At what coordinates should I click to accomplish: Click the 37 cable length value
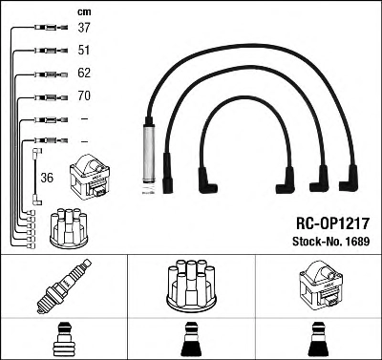(84, 28)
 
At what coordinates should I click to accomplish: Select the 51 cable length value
(84, 50)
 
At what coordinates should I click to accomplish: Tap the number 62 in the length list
(84, 73)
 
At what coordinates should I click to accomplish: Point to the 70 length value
(84, 95)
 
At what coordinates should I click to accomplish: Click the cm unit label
(84, 12)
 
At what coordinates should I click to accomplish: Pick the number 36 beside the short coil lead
(47, 178)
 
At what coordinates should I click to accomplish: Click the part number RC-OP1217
(332, 223)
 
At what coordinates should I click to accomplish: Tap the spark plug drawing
(64, 286)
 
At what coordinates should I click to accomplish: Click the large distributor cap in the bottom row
(191, 286)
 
